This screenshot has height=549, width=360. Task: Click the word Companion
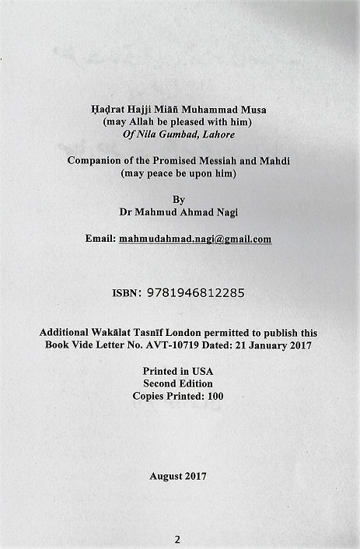96,161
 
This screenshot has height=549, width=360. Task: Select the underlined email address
195,239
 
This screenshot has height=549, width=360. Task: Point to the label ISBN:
128,293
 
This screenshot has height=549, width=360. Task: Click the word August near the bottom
166,476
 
